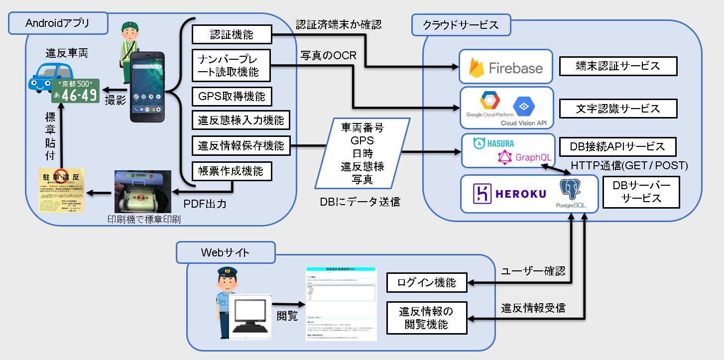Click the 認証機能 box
pos(232,35)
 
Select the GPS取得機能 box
pos(232,96)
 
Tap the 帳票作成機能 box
pos(232,172)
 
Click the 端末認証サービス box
pos(617,66)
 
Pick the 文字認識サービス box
pos(617,108)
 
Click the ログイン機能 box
pos(427,283)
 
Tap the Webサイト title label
pos(226,252)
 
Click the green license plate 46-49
pos(76,91)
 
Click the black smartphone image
pos(147,87)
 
